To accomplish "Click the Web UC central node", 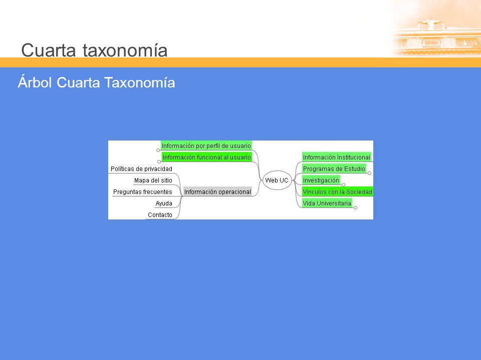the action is point(277,180).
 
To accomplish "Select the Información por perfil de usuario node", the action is point(206,145).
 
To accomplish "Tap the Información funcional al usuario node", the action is point(207,157).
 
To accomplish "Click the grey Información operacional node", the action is point(217,191).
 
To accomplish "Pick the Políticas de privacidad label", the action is point(141,168).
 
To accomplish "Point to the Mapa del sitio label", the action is point(153,180).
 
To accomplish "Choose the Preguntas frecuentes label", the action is point(143,192).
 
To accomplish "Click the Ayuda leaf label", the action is point(164,203).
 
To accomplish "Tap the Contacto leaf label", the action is point(160,215).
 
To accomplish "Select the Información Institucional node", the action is point(337,157).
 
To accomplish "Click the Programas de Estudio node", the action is point(334,168).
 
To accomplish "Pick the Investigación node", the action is point(321,180).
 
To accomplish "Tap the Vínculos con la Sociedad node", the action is point(337,191).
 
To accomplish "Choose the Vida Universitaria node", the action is point(327,203).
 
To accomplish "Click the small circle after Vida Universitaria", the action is point(356,208).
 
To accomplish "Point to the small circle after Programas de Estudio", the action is point(369,173).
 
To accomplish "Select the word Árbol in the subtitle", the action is point(35,82).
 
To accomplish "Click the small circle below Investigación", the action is point(344,185).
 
